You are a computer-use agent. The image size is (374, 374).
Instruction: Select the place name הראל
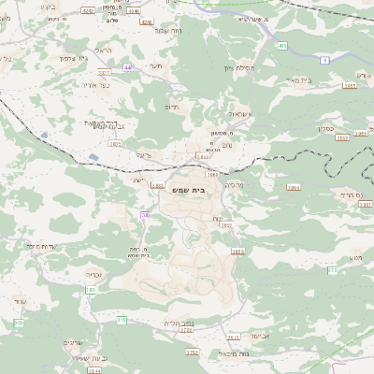pos(103,50)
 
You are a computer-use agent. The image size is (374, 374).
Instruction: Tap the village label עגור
pos(21,301)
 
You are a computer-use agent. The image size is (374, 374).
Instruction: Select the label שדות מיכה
pos(41,246)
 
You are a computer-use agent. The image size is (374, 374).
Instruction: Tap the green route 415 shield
pos(281,44)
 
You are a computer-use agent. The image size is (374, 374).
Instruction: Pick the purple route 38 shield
pos(145,215)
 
